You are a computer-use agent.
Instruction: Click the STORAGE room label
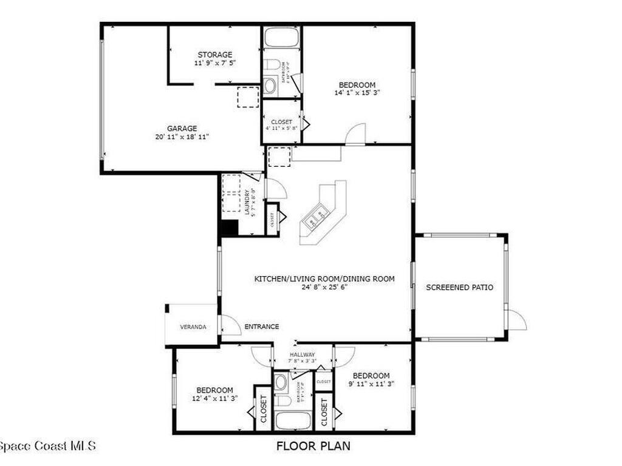214,55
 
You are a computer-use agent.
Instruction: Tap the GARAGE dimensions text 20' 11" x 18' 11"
182,137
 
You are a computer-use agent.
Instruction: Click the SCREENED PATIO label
459,287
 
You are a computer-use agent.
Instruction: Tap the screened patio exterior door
515,320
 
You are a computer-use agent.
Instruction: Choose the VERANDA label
193,327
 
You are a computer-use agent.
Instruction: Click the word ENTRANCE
262,326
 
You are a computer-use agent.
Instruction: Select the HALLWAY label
302,354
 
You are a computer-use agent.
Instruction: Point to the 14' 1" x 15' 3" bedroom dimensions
357,93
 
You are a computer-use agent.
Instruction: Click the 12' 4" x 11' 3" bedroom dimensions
214,398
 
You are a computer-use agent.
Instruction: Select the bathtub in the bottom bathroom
293,420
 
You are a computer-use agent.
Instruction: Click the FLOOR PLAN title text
313,447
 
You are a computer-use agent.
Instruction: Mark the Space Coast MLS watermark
47,446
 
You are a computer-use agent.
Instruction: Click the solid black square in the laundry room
228,229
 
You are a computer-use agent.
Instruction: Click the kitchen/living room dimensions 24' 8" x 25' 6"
324,287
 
